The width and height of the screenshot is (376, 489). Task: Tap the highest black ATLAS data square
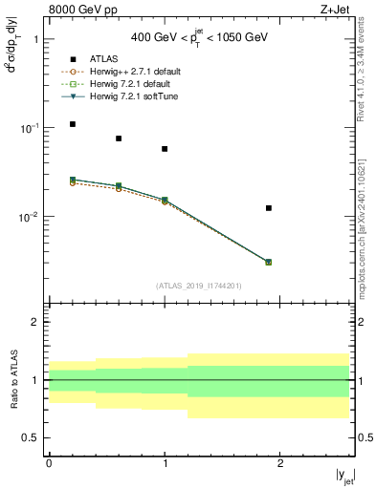coord(73,124)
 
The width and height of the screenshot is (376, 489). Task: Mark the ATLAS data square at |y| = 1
coord(165,149)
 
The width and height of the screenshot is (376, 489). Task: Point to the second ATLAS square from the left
coord(119,138)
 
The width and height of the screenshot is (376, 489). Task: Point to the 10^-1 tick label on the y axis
coord(30,128)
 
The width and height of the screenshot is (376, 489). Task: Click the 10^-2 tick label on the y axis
coord(30,217)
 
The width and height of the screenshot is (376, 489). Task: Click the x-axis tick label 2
coord(280,462)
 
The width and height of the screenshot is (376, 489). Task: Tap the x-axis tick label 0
coord(49,462)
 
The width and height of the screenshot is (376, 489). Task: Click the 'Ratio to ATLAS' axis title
coord(12,379)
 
